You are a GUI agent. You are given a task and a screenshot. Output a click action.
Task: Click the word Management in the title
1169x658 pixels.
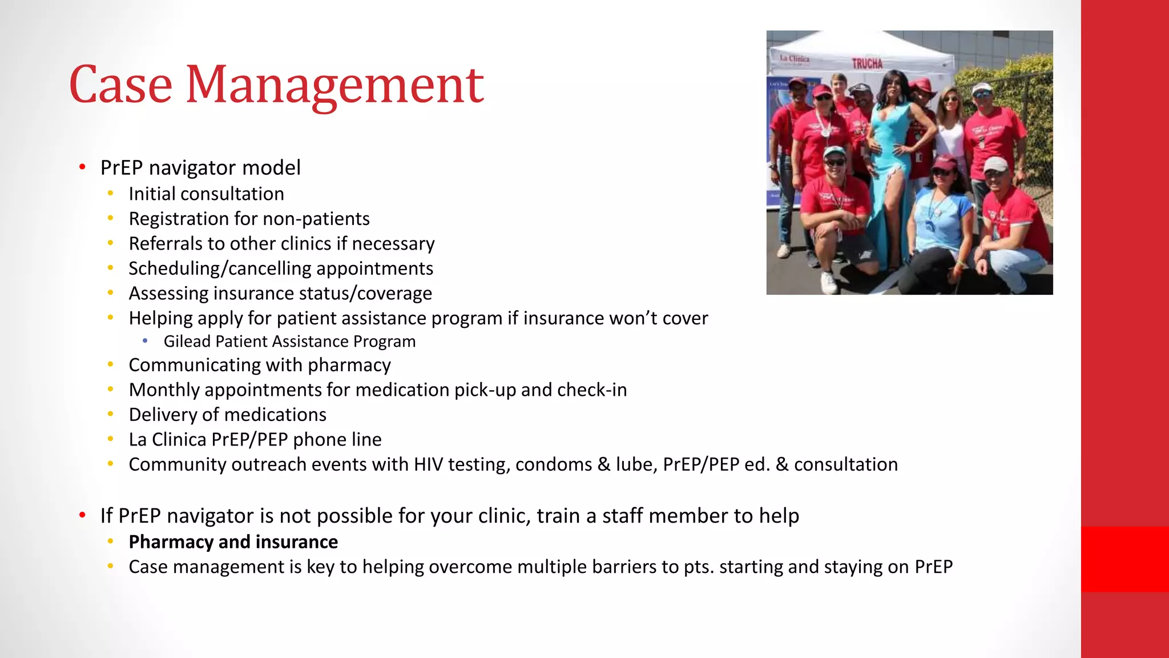point(335,86)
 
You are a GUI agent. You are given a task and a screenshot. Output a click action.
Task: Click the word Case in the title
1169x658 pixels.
point(120,86)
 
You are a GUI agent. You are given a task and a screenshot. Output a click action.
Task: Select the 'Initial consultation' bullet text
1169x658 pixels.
point(206,194)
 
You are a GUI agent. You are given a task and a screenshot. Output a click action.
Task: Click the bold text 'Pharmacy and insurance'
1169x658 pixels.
point(233,542)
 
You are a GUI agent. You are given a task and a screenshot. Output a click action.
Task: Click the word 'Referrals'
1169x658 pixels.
point(166,244)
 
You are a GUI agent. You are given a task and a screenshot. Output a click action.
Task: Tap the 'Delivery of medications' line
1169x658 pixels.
point(227,415)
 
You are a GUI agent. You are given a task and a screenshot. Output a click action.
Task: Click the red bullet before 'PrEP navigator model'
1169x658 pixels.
point(83,167)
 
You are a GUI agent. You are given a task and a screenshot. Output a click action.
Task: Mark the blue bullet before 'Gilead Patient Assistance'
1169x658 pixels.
point(146,341)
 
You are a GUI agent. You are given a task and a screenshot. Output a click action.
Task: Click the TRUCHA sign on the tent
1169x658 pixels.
point(867,63)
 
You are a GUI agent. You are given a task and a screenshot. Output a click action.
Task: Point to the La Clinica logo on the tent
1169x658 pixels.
point(795,58)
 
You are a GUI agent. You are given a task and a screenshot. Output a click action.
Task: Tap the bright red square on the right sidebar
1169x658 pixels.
point(1124,559)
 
